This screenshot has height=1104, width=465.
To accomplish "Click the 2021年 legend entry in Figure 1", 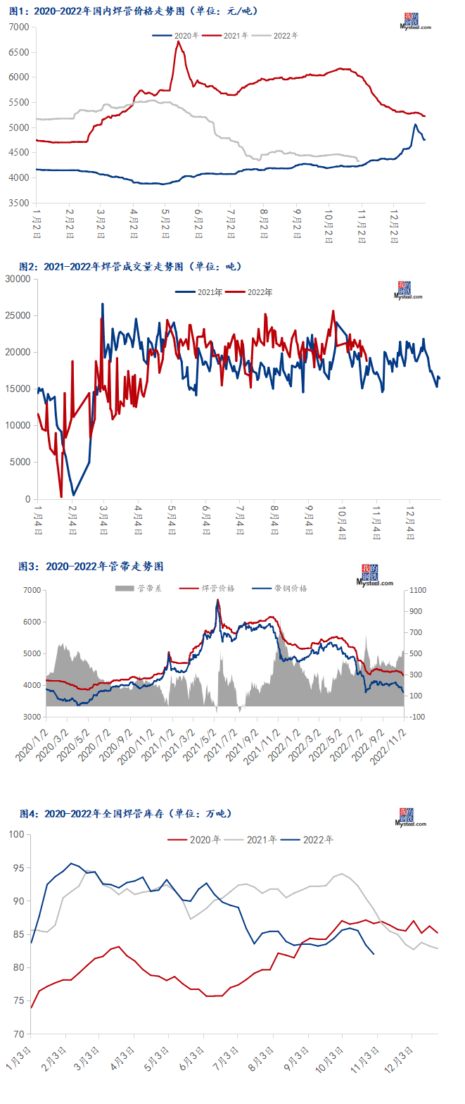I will coord(236,35).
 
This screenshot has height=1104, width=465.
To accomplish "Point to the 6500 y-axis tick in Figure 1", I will coord(19,52).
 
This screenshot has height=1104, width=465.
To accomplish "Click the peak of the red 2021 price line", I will coord(178,42).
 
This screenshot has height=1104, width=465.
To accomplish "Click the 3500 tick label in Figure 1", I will coord(19,203).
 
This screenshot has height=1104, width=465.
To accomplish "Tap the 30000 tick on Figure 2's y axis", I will coord(18,279).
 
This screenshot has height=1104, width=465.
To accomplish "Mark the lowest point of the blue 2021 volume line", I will coord(73,495).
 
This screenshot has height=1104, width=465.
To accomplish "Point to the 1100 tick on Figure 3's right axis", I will coord(419,590).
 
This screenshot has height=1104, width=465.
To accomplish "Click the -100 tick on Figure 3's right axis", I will coord(419,717).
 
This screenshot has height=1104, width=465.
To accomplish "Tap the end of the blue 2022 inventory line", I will coord(374,954).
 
